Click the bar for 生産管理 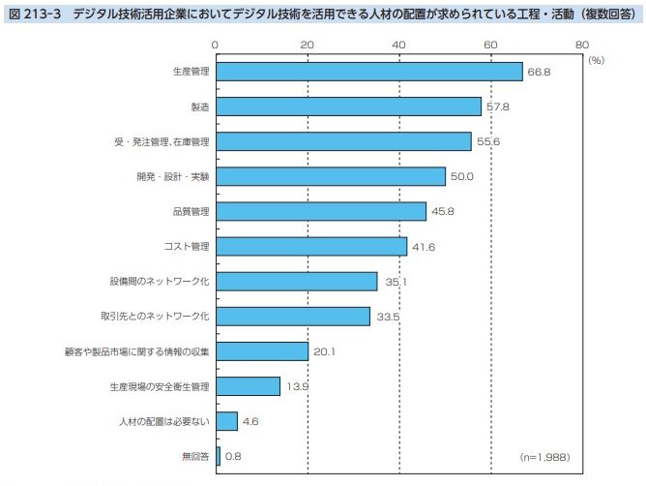pos(368,72)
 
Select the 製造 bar pos(348,106)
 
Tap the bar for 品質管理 pos(320,211)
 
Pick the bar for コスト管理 pos(310,246)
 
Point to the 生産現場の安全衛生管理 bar pos(247,386)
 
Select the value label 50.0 pos(461,177)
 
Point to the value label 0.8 pos(233,456)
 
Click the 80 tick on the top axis pos(581,45)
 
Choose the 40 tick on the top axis pos(398,45)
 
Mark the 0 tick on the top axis pos(215,45)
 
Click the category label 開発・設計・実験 pos(172,176)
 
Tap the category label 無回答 pos(194,456)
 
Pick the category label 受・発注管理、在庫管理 pos(161,141)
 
